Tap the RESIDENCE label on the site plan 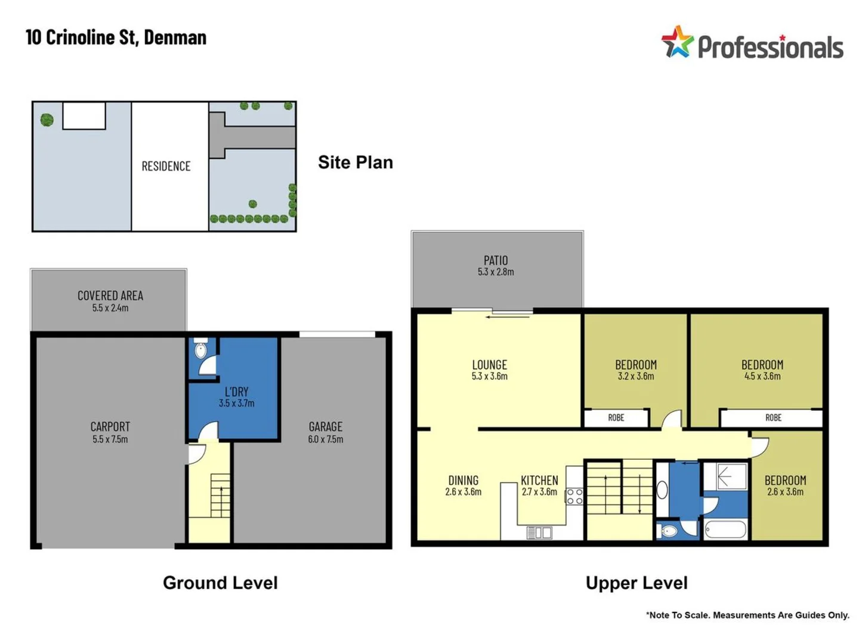(166, 166)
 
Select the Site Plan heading (356, 162)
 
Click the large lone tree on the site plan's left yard (47, 119)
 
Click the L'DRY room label (236, 391)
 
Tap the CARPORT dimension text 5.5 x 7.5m (110, 439)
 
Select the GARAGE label (325, 426)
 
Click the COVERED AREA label (110, 296)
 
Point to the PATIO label (496, 261)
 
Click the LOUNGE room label (490, 365)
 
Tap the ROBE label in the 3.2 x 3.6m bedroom (616, 417)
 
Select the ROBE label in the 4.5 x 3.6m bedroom (773, 417)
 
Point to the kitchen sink (539, 532)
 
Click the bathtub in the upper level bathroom (725, 530)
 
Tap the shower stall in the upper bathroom (725, 476)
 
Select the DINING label (464, 480)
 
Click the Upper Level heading (636, 583)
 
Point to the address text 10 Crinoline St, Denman (116, 38)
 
